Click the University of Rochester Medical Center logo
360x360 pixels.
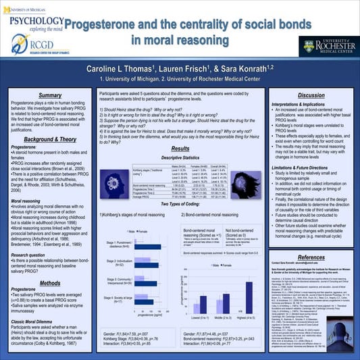[x=324, y=48]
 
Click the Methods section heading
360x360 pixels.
[x=51, y=283]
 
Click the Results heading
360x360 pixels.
[x=180, y=148]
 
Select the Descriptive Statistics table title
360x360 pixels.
[x=180, y=158]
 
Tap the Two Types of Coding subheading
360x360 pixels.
[x=180, y=203]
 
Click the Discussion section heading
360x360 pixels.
[x=311, y=95]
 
